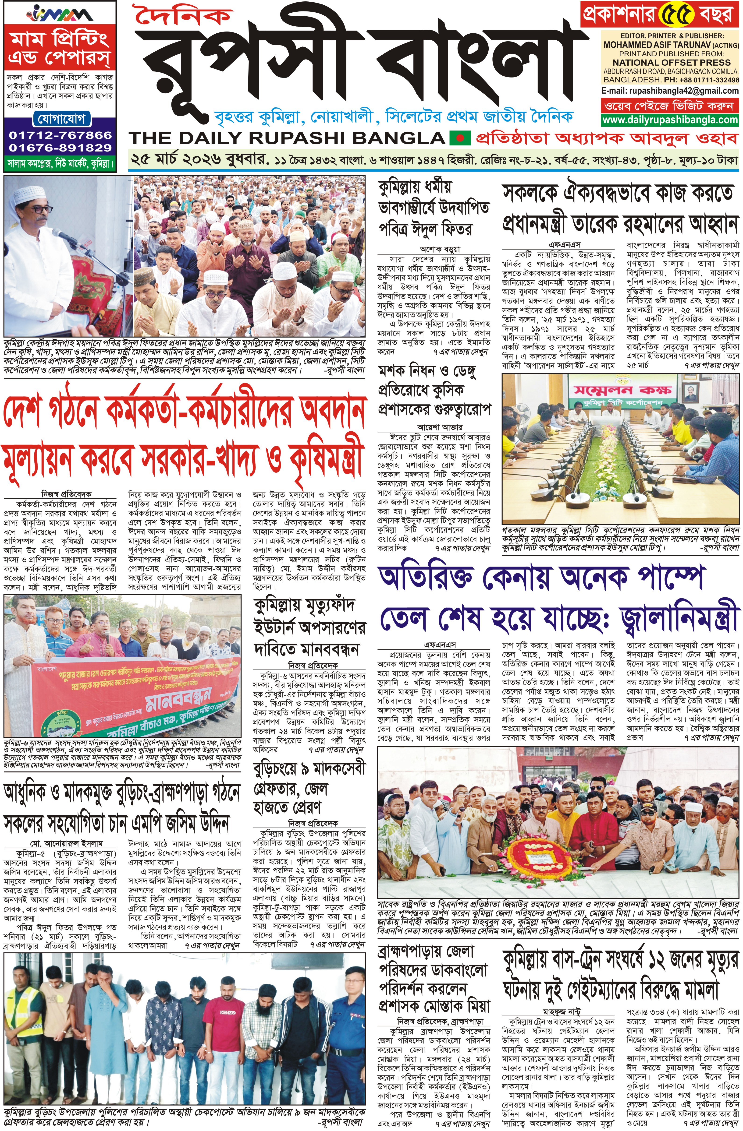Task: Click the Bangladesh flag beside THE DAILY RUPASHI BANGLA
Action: [x=459, y=138]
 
